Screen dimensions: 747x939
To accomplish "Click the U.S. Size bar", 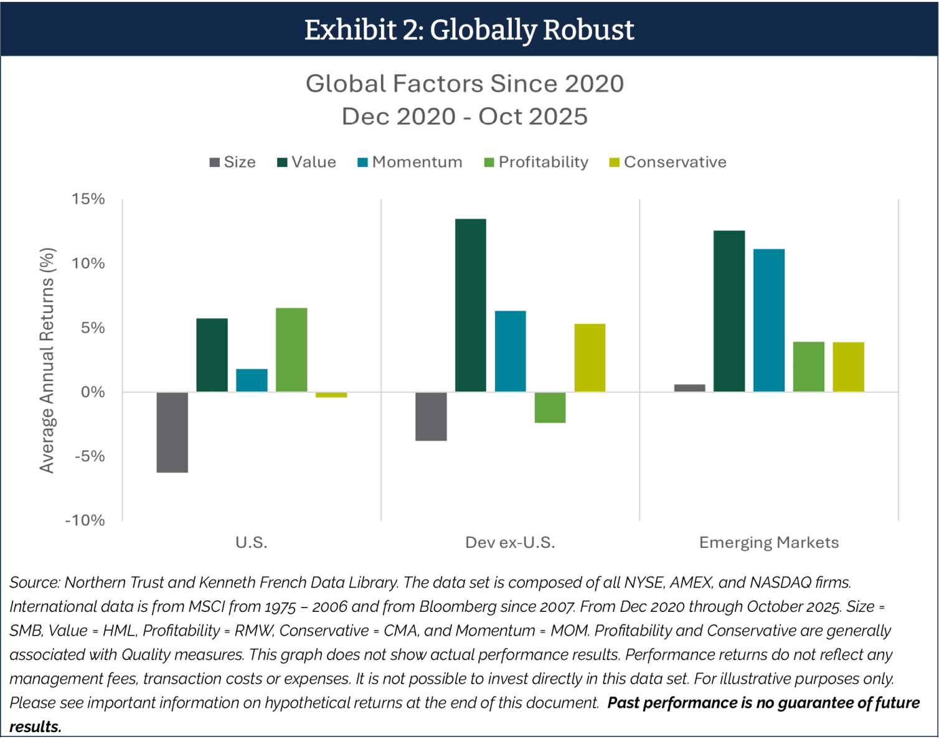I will point(172,432).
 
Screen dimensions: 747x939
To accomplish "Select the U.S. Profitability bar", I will point(291,350).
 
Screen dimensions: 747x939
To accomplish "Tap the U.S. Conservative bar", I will point(331,395).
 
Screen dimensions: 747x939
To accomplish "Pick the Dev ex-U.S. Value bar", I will point(471,305).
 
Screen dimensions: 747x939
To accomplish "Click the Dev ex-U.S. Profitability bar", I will point(550,408).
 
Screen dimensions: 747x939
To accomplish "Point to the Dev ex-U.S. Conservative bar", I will point(590,358).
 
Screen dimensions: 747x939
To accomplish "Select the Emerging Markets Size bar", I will point(690,388).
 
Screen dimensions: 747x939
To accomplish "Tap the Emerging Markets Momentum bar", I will point(769,320).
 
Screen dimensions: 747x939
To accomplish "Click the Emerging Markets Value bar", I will point(729,311).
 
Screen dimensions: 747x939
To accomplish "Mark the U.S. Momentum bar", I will point(252,380).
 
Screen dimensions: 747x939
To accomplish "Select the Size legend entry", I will point(233,162).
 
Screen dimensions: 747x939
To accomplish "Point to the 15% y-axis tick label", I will point(88,199).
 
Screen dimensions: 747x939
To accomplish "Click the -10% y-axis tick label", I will point(85,520).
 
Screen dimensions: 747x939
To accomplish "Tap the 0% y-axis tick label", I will point(93,392).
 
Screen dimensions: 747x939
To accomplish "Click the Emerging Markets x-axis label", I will point(769,543).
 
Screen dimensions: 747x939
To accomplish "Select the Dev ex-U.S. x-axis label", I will point(510,543).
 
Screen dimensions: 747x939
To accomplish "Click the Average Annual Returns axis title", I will point(47,360).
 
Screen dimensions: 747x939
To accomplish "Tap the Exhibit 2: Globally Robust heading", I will point(469,29).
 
